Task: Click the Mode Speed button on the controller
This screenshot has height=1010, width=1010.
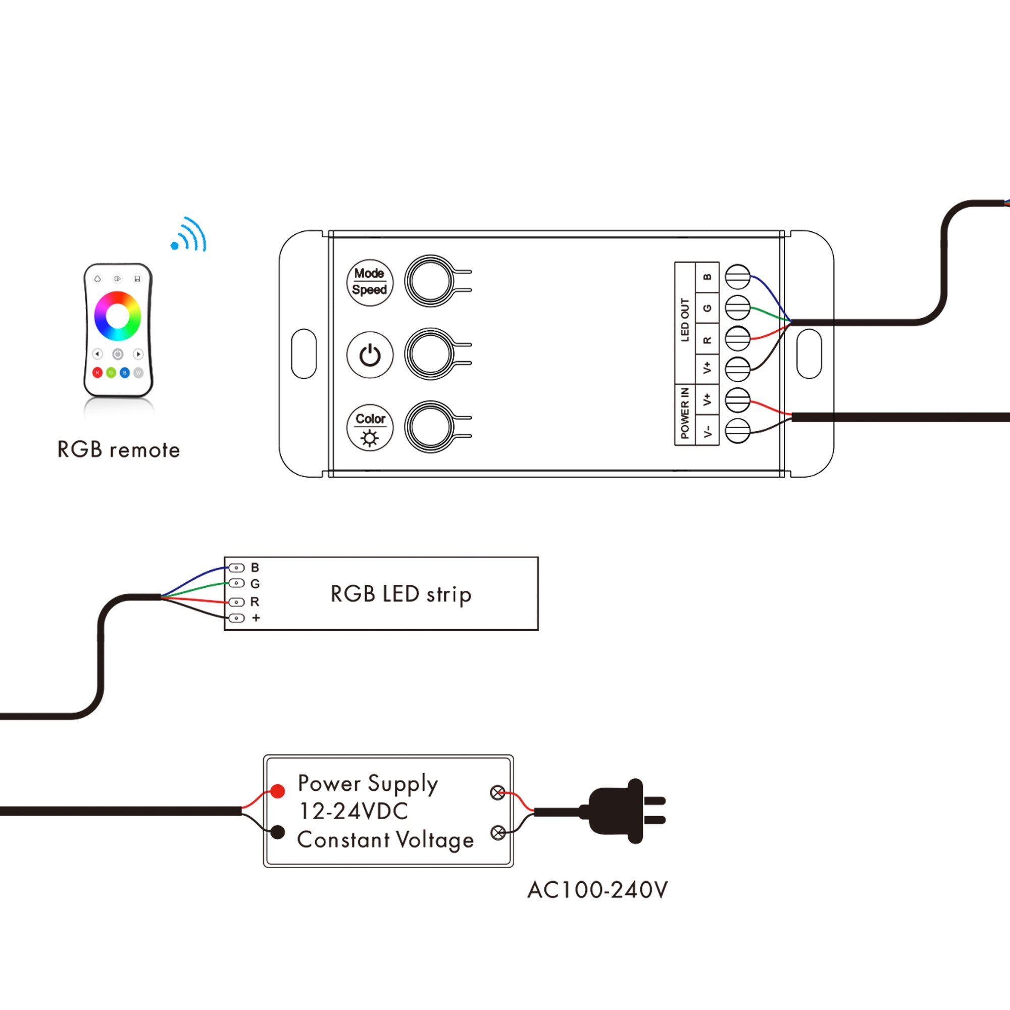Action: tap(370, 282)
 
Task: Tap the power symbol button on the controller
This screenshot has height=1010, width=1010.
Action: tap(370, 355)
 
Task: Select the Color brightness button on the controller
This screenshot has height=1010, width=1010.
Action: tap(370, 428)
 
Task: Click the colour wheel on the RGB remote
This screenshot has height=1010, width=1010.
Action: tap(118, 316)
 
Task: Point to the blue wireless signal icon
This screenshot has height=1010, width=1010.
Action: tap(189, 235)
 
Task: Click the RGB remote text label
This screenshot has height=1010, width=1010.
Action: tap(119, 450)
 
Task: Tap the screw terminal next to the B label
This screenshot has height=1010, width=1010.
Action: tap(738, 277)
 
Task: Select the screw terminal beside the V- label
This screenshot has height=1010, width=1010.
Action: tap(738, 431)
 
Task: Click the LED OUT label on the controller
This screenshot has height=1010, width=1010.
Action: tap(685, 320)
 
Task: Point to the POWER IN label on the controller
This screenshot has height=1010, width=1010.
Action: tap(685, 413)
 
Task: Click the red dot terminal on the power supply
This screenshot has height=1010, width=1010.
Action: tap(278, 791)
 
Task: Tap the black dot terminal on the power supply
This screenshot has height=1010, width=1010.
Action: tap(278, 832)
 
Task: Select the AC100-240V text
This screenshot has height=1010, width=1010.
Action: tap(597, 890)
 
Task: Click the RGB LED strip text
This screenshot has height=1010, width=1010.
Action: tap(401, 594)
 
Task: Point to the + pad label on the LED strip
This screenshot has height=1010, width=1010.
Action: tap(256, 618)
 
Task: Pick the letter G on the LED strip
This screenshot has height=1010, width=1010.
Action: tap(255, 583)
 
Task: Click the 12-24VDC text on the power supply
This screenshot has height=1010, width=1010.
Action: tap(353, 812)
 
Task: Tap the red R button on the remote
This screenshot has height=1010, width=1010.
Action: tap(97, 373)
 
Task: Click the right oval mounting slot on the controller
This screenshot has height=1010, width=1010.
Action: tap(809, 354)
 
